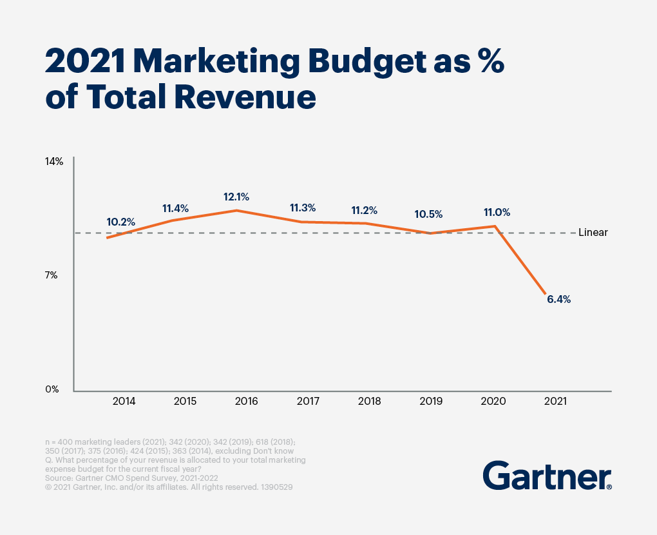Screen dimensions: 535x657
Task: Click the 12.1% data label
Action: (236, 197)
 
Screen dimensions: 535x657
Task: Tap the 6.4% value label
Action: (558, 299)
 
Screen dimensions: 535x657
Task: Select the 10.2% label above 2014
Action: (120, 222)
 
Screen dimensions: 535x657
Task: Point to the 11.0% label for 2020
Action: (497, 212)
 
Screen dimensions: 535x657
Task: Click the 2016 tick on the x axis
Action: (247, 401)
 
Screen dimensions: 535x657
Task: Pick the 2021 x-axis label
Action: (555, 401)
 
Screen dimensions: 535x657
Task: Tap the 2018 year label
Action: (370, 401)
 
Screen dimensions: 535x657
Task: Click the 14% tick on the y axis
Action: (53, 161)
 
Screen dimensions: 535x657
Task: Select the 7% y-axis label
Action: (52, 275)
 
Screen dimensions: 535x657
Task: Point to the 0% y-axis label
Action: (52, 389)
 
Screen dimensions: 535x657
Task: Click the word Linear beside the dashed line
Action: (593, 233)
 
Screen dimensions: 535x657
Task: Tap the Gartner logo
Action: (547, 477)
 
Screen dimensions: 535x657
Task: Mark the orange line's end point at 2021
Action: (546, 295)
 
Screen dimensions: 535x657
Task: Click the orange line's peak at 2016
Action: (236, 210)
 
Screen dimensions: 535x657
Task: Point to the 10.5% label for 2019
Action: (428, 213)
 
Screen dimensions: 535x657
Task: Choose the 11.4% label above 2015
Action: (175, 208)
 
